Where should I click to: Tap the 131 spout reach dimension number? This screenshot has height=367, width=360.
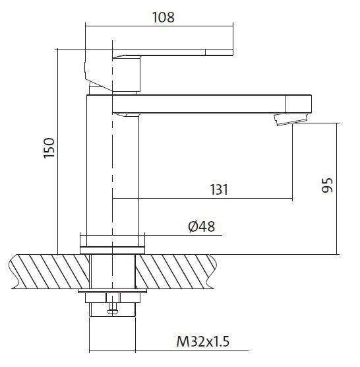pos(219,190)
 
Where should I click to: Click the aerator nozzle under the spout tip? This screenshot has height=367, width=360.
pos(290,119)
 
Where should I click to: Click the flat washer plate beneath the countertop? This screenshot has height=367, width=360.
pos(112,290)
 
